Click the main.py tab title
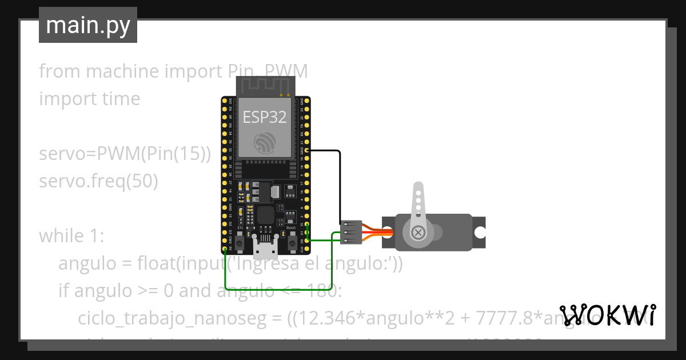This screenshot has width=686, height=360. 87,25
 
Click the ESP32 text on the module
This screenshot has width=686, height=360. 264,117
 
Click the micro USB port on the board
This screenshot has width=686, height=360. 265,250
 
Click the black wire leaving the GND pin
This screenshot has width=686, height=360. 340,183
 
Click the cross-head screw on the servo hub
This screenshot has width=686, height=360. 418,232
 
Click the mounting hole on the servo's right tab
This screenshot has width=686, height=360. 479,232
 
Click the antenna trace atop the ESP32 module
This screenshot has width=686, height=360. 265,86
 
